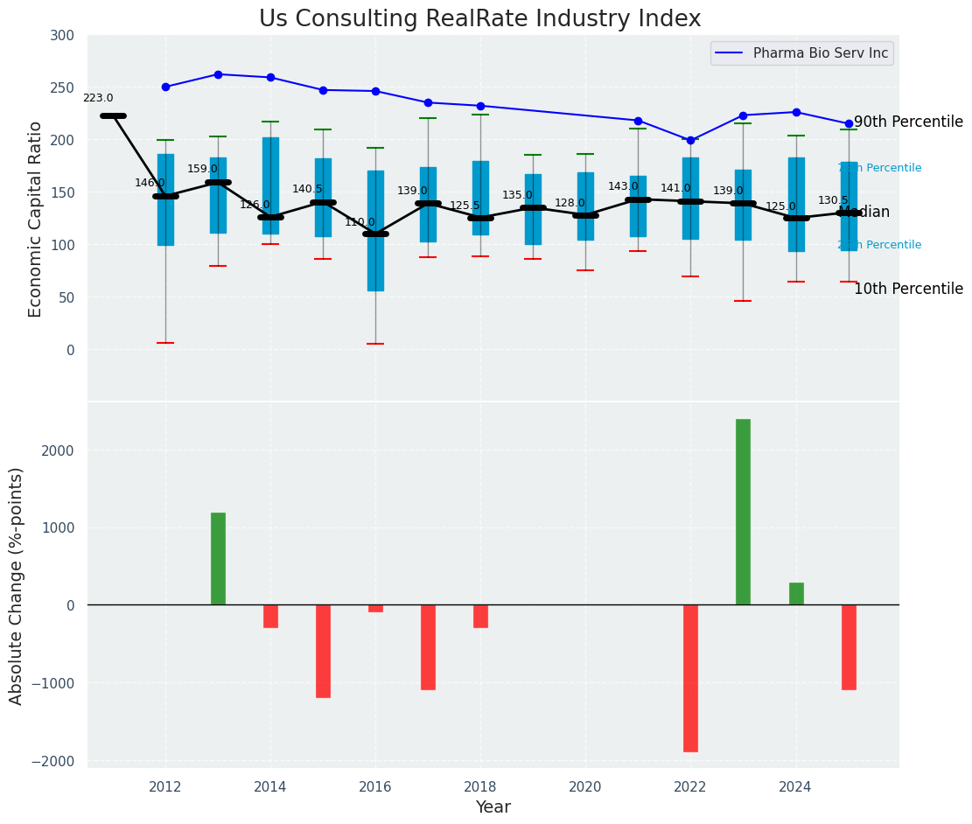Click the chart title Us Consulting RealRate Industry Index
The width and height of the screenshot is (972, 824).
[479, 19]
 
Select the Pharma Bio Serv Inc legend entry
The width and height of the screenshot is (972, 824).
[820, 53]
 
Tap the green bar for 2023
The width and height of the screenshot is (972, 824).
[743, 512]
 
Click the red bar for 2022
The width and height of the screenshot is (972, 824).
[690, 678]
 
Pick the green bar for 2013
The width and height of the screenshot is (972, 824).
[218, 558]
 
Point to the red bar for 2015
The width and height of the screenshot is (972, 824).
[323, 651]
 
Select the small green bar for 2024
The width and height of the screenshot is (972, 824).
[796, 594]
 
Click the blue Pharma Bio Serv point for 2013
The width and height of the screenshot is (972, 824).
[218, 74]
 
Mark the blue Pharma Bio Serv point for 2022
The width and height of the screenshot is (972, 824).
[690, 140]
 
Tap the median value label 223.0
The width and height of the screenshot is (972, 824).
[98, 99]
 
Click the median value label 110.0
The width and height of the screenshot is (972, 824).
[360, 222]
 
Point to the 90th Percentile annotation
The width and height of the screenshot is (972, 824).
[908, 122]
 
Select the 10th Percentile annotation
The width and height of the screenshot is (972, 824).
[908, 289]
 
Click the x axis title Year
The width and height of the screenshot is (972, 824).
[493, 807]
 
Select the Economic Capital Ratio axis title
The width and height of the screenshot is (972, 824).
[35, 219]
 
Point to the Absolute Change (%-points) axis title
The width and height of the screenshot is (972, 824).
[16, 585]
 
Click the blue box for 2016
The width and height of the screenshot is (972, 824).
[375, 231]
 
